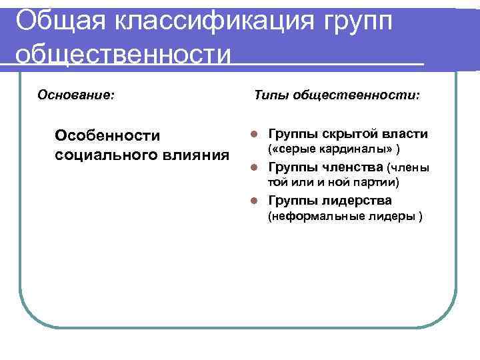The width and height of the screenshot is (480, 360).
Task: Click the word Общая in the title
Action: pyautogui.click(x=52, y=21)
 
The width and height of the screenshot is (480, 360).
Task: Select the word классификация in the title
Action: pyautogui.click(x=201, y=21)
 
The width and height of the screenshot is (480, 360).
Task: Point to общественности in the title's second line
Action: pyautogui.click(x=123, y=53)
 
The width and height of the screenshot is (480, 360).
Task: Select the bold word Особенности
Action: pyautogui.click(x=108, y=136)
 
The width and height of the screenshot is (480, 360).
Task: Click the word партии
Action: pyautogui.click(x=375, y=181)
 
